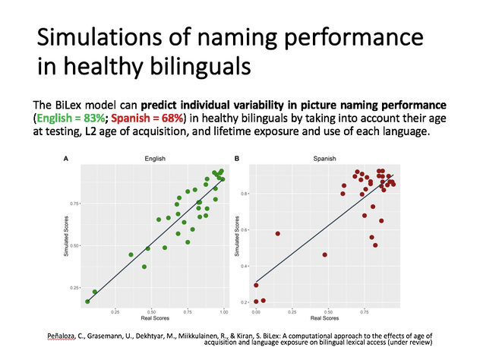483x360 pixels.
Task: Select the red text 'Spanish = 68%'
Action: [x=148, y=118]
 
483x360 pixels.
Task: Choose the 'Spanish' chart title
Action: [x=320, y=159]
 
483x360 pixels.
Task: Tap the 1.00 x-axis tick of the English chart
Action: [x=223, y=311]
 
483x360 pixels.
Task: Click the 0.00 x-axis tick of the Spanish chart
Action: [x=256, y=311]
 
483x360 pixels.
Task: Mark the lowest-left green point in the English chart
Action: [x=87, y=302]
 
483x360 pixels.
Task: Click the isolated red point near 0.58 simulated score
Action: [x=278, y=233]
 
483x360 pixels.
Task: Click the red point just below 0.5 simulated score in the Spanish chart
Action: [x=325, y=254]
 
